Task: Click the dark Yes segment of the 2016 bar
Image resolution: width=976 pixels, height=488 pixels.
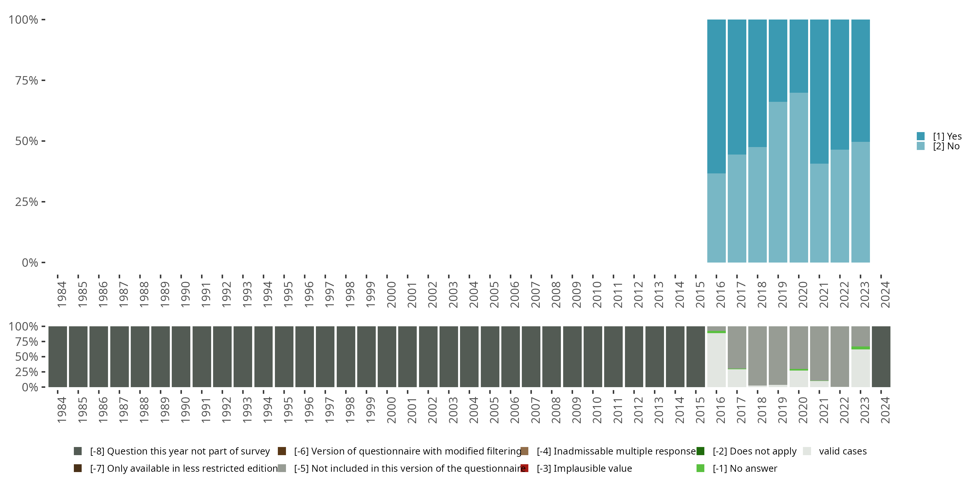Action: click(716, 96)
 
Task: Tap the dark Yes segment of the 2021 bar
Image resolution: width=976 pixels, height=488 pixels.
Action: click(819, 91)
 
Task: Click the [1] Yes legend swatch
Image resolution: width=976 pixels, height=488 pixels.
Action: click(921, 136)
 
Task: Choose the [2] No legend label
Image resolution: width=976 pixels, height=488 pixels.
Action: click(946, 146)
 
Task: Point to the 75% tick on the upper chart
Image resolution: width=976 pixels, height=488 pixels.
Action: click(43, 80)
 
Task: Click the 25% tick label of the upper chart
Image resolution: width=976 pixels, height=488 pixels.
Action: click(27, 202)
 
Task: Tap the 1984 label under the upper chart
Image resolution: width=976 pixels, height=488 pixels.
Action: click(62, 294)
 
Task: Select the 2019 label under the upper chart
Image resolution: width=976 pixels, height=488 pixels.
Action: click(782, 294)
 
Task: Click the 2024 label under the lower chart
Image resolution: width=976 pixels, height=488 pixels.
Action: click(885, 410)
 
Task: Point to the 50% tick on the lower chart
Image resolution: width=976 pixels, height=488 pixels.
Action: click(43, 357)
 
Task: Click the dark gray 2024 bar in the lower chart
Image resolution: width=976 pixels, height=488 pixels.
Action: click(881, 357)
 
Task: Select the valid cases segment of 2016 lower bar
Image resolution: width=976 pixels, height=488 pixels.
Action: click(716, 360)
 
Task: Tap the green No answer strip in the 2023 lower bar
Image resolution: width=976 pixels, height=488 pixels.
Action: click(861, 348)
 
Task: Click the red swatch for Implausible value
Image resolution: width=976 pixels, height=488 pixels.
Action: click(525, 468)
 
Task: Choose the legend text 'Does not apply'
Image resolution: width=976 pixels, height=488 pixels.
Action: click(754, 451)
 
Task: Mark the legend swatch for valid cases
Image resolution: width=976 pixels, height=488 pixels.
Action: click(807, 451)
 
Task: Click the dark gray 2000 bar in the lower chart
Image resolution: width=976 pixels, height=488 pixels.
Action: click(387, 357)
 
